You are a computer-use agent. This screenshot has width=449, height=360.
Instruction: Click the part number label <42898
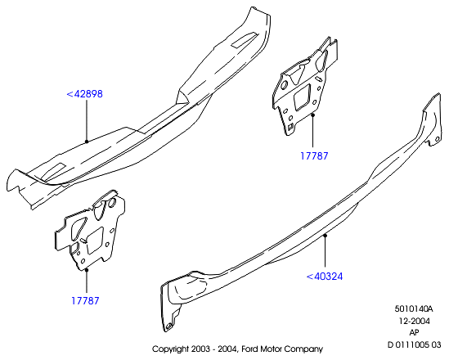click(84, 94)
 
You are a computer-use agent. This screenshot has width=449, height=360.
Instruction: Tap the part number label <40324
click(325, 277)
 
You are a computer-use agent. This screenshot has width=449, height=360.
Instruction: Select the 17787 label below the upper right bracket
click(314, 155)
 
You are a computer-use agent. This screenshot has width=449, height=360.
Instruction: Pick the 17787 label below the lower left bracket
click(85, 301)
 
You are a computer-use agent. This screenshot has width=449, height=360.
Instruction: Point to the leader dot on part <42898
click(87, 142)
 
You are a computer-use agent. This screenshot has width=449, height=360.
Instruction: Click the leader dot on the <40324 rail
click(325, 236)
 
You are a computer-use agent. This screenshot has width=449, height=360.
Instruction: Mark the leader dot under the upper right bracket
click(313, 115)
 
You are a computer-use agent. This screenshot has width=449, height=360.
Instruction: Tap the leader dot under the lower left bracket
click(87, 269)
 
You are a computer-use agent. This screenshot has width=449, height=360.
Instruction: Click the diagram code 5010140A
click(414, 309)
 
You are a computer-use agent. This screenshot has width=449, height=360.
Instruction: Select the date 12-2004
click(415, 321)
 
